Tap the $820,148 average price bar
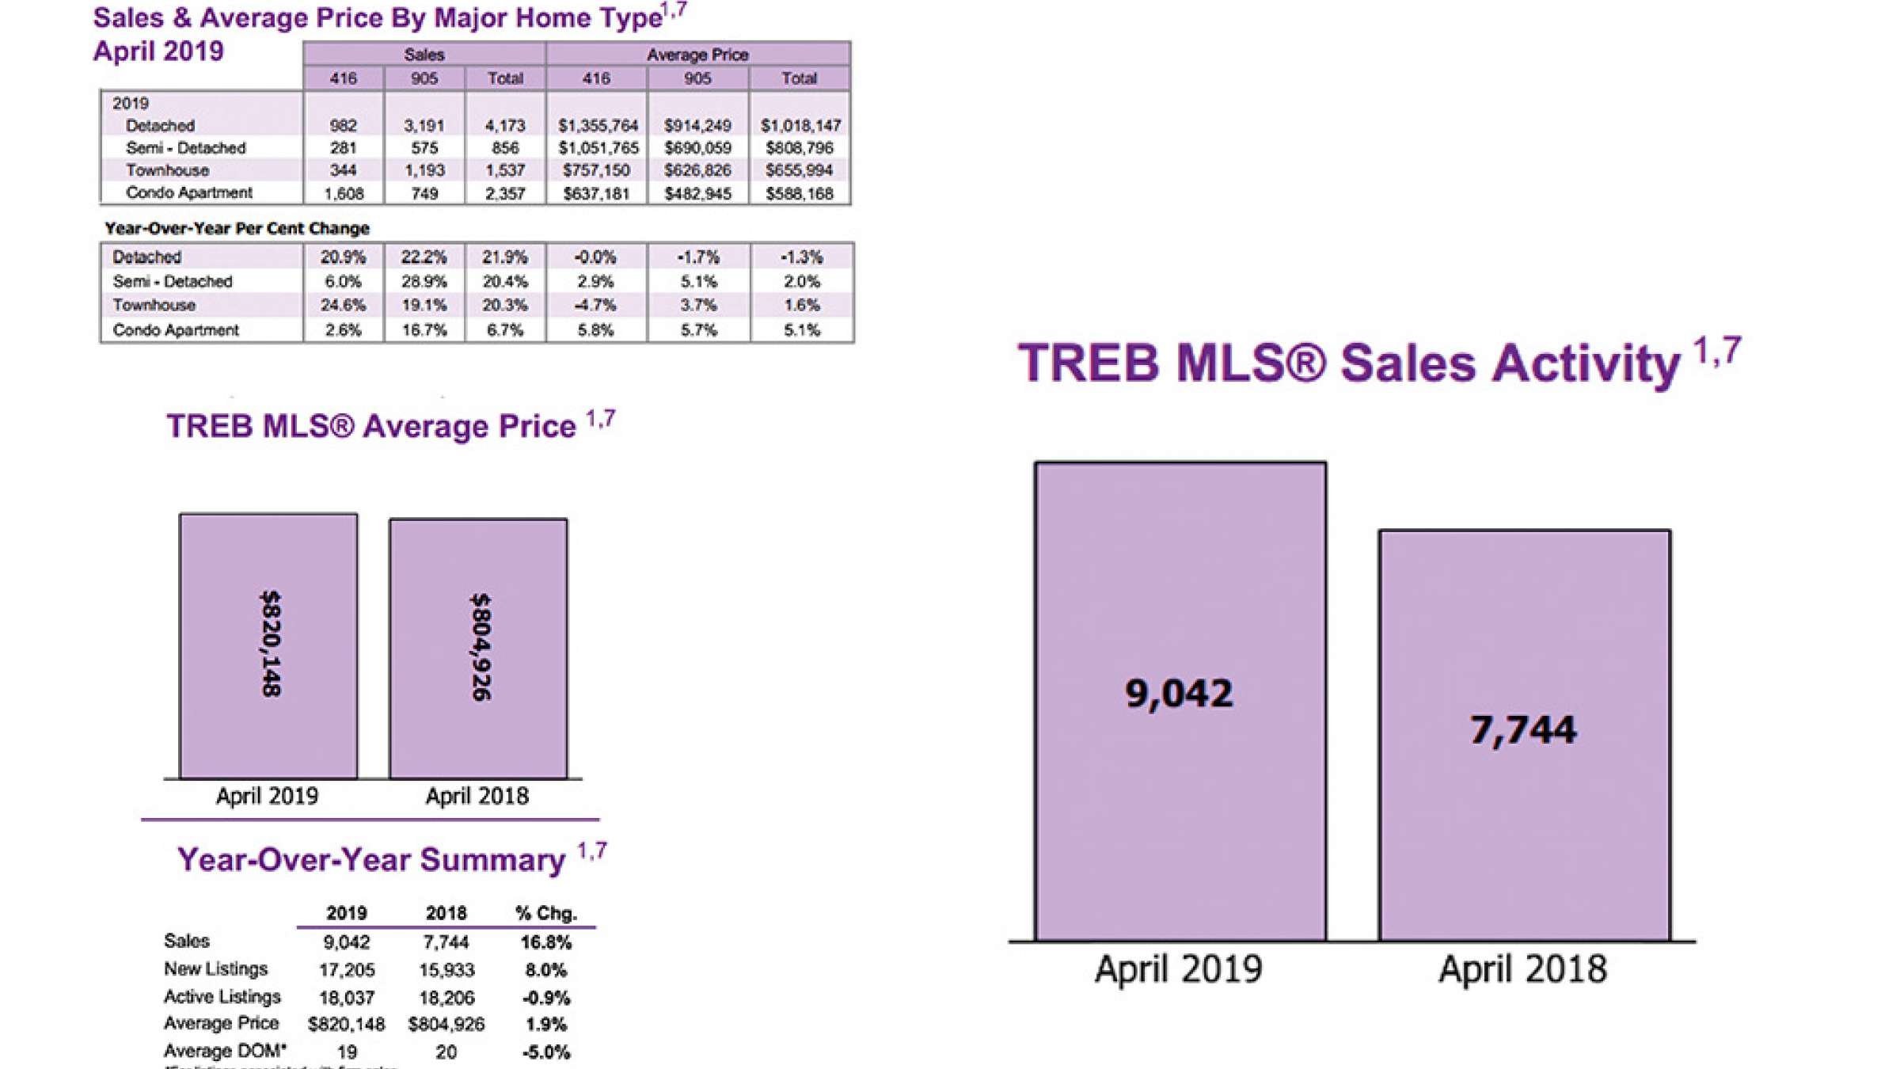268,645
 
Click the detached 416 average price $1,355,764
597,126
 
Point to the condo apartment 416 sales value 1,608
344,194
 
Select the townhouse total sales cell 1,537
505,170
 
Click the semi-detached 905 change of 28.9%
424,281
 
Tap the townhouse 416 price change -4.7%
595,305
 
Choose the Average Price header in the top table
697,55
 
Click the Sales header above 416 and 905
424,55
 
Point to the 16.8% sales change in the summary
545,942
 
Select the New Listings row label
215,969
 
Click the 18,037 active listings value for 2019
346,998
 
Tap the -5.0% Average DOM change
545,1052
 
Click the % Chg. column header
545,913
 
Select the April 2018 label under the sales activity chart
1523,968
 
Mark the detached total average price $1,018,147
800,126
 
